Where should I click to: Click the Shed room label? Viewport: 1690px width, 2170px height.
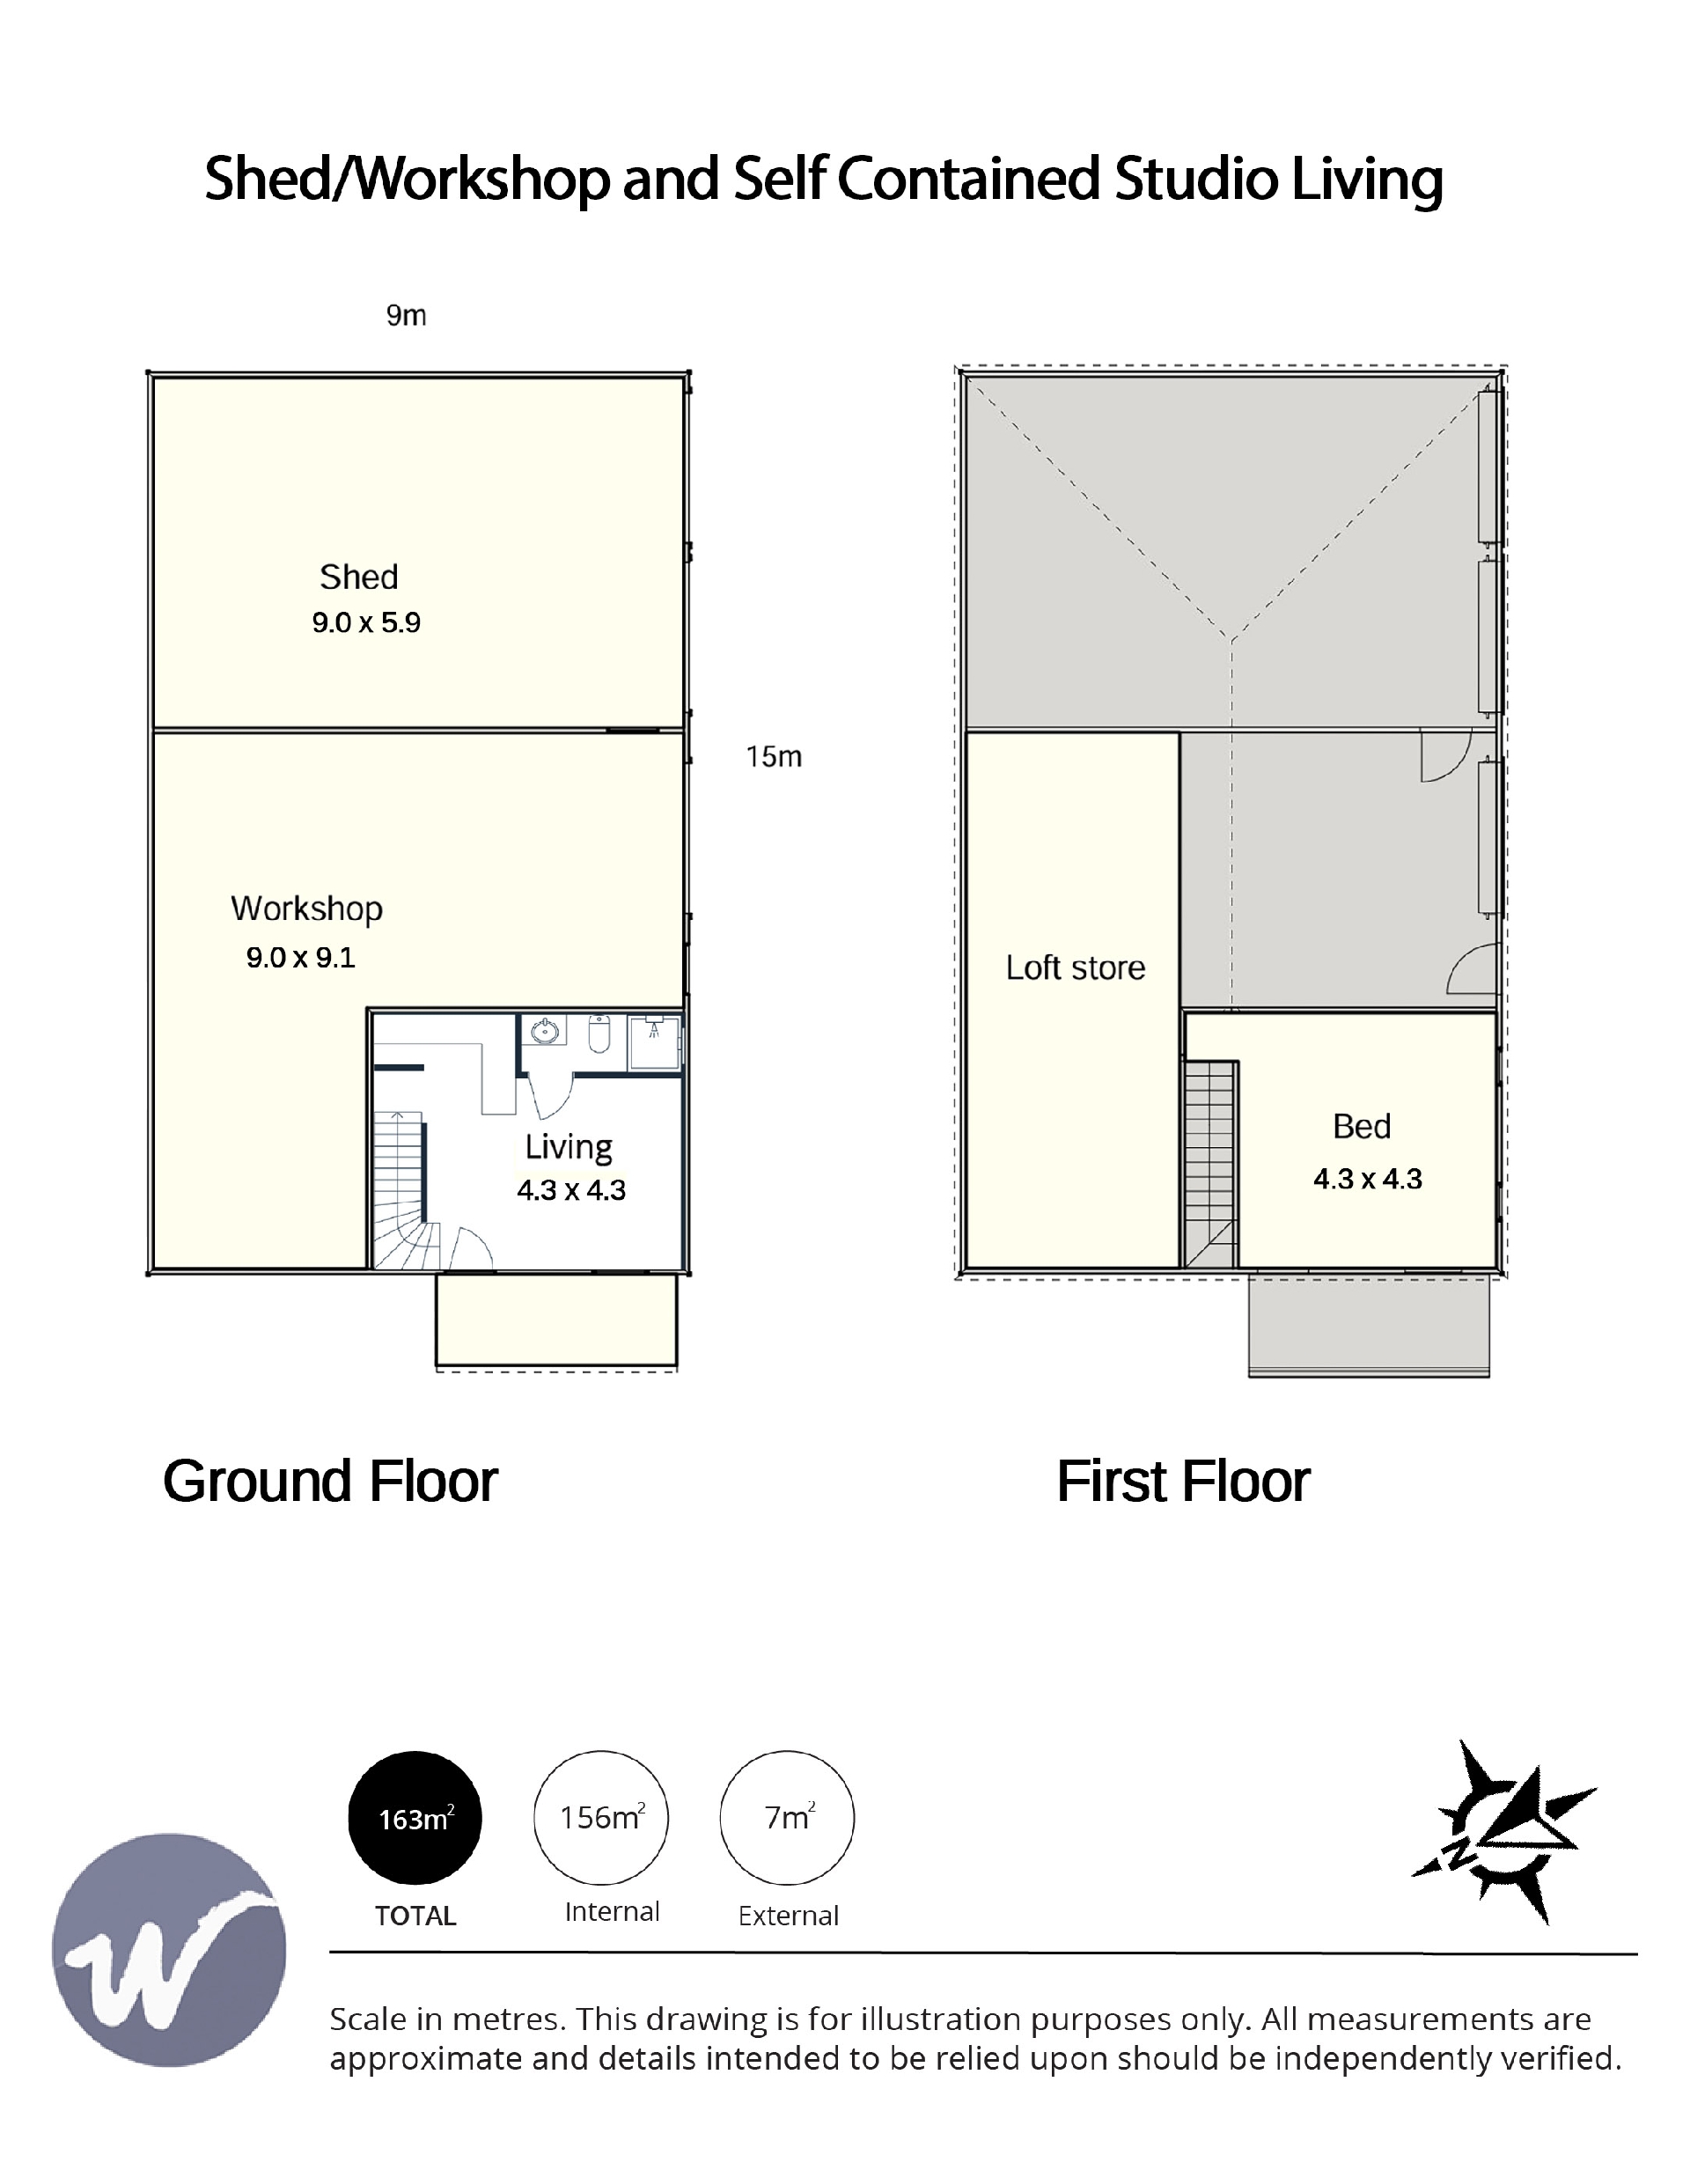358,577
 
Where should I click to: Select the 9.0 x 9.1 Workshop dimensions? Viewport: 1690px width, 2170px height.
301,957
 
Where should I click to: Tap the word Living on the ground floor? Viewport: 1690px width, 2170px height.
569,1146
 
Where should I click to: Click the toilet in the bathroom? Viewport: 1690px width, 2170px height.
599,1034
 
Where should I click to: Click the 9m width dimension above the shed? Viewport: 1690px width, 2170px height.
407,315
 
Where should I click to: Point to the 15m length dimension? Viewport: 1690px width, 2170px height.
774,756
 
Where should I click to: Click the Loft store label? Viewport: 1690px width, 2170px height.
1075,967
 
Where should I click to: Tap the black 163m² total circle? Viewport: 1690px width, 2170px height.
415,1817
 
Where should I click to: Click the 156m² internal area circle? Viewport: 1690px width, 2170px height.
601,1817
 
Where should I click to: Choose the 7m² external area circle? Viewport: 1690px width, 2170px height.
787,1817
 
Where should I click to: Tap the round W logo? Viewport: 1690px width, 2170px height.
169,1951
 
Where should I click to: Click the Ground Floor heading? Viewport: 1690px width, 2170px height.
330,1482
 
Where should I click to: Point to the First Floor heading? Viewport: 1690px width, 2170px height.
1183,1482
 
